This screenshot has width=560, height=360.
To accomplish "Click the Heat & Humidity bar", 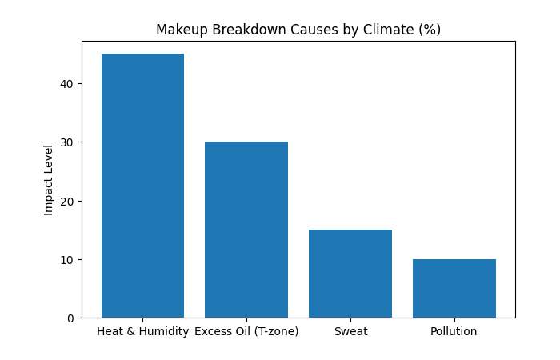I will (x=142, y=186).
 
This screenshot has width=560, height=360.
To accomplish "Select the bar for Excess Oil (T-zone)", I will (x=246, y=230).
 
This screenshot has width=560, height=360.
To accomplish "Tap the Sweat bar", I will (x=350, y=274).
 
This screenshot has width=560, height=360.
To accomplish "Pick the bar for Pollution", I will (x=454, y=289).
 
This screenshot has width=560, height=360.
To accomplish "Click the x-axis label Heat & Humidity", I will (x=142, y=331).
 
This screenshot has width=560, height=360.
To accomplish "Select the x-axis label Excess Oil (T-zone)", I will (x=246, y=331).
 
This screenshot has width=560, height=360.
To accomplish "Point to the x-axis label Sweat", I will (x=350, y=331).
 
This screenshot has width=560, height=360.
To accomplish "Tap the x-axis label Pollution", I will (x=454, y=331).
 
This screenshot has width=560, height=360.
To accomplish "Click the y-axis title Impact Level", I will (x=48, y=179).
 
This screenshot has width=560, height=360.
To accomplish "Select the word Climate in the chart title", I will (x=393, y=30).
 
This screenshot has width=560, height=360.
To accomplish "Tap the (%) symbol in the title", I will (x=430, y=30).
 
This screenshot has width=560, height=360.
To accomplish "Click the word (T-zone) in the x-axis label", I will (x=274, y=331).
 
